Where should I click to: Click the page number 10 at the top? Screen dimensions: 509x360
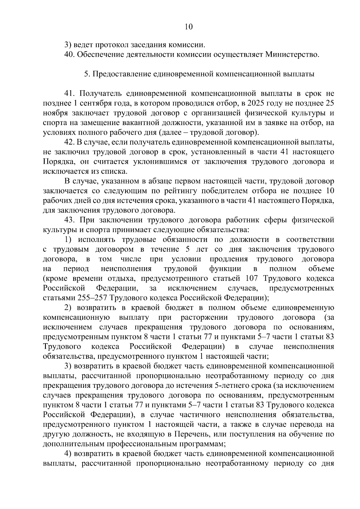coord(188,27)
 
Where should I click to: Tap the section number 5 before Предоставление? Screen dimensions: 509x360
coord(85,74)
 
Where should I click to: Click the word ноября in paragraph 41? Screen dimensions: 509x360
coord(55,113)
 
